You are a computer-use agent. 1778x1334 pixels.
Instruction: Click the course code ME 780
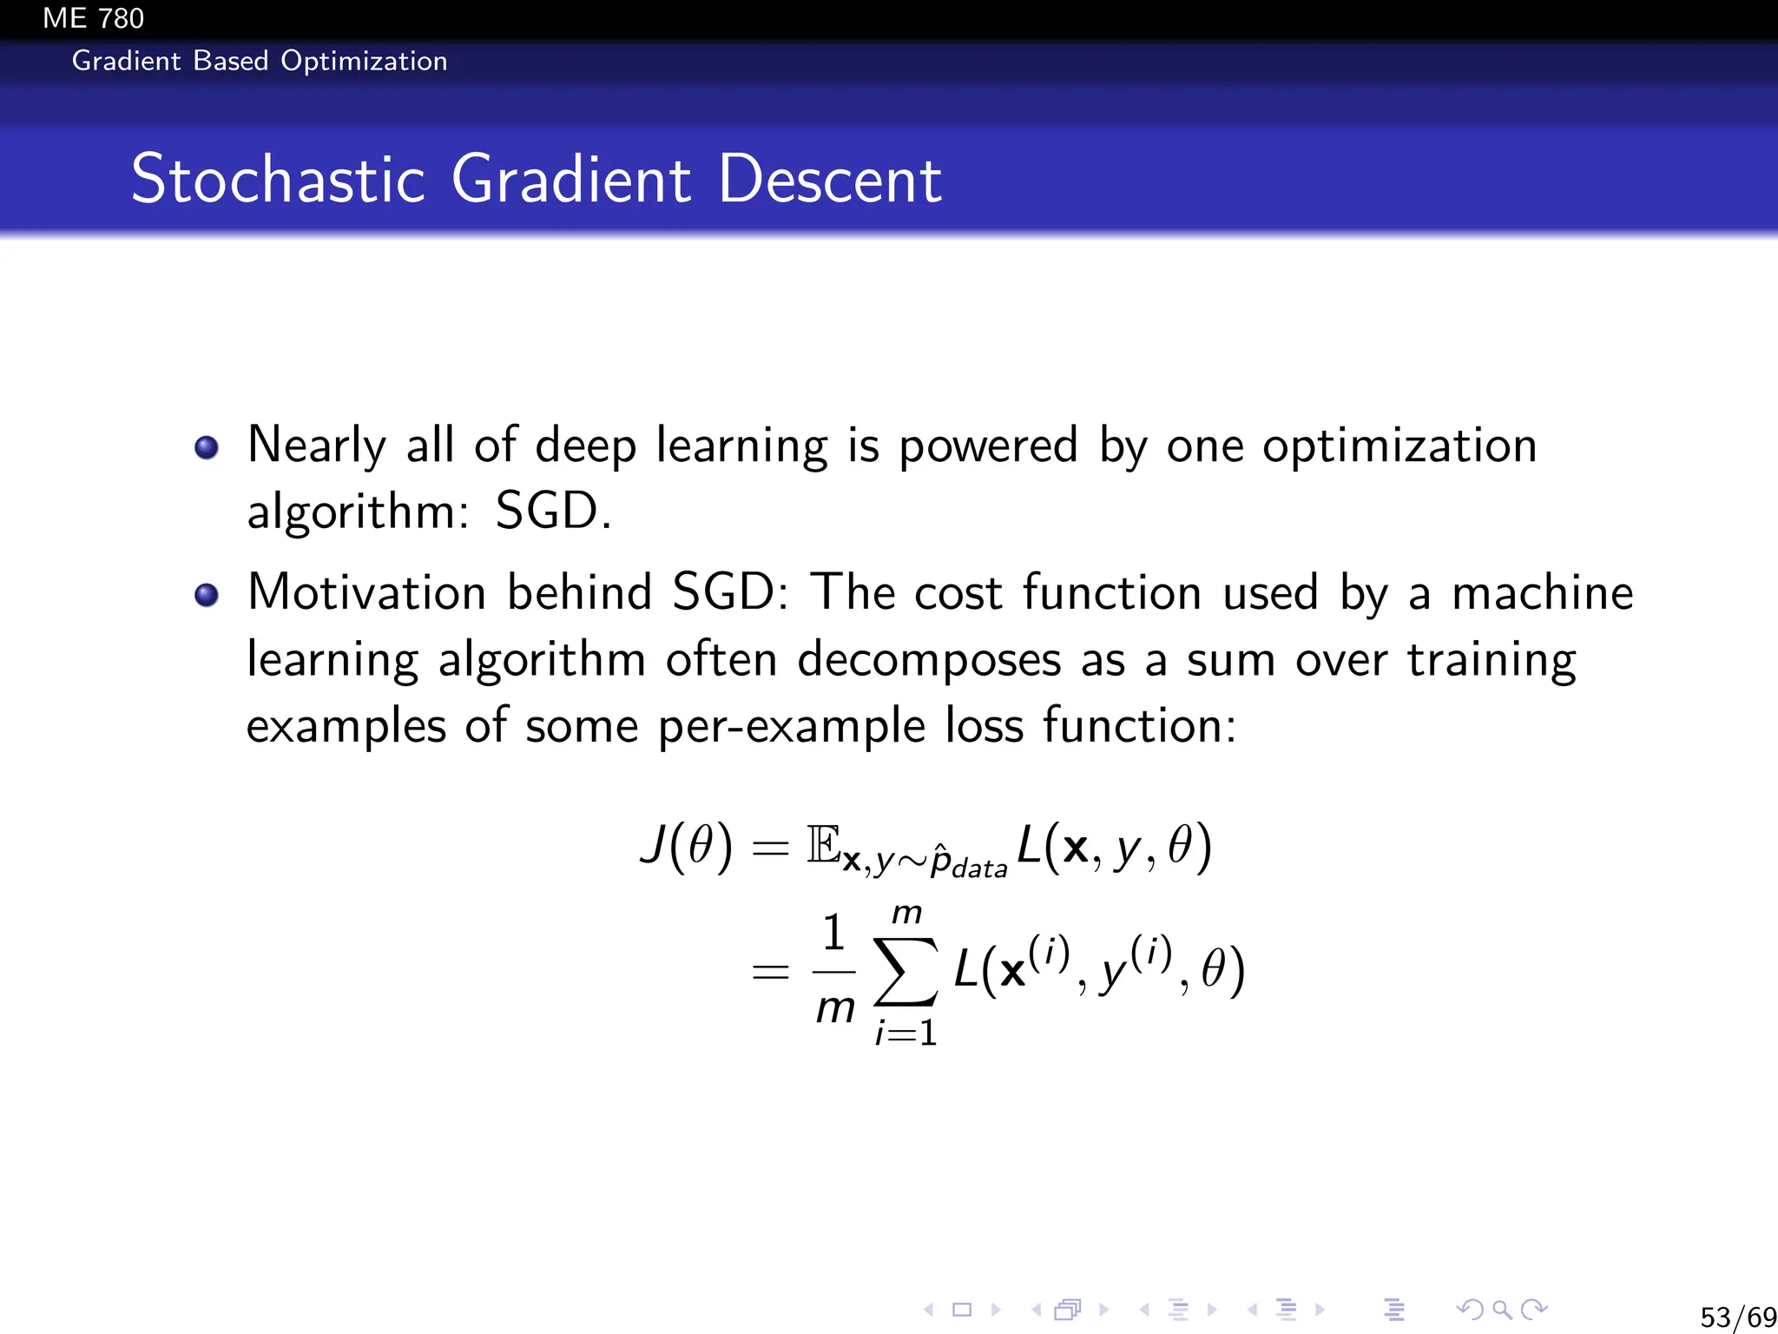coord(93,18)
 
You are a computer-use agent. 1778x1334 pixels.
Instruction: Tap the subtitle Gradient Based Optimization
coord(259,61)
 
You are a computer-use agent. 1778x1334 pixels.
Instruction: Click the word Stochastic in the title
coord(278,179)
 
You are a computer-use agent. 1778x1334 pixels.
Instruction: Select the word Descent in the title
coord(829,179)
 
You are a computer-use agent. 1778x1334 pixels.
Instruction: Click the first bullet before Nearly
coord(207,447)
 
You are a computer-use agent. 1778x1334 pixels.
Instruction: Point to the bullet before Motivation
coord(207,595)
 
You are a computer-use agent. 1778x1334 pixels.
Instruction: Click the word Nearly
coord(316,446)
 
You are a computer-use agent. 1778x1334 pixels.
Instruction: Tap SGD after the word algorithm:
coord(547,511)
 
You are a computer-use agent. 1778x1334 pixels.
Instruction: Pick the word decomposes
coord(929,659)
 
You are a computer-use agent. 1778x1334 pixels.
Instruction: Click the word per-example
coord(791,726)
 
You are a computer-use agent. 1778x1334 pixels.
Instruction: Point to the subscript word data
coord(979,868)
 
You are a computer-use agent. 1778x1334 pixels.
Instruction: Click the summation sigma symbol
coord(905,971)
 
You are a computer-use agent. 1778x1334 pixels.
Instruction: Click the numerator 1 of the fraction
coord(833,934)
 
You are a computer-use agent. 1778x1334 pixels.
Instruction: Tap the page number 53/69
coord(1737,1317)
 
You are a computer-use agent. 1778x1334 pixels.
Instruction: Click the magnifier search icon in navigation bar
coord(1502,1309)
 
